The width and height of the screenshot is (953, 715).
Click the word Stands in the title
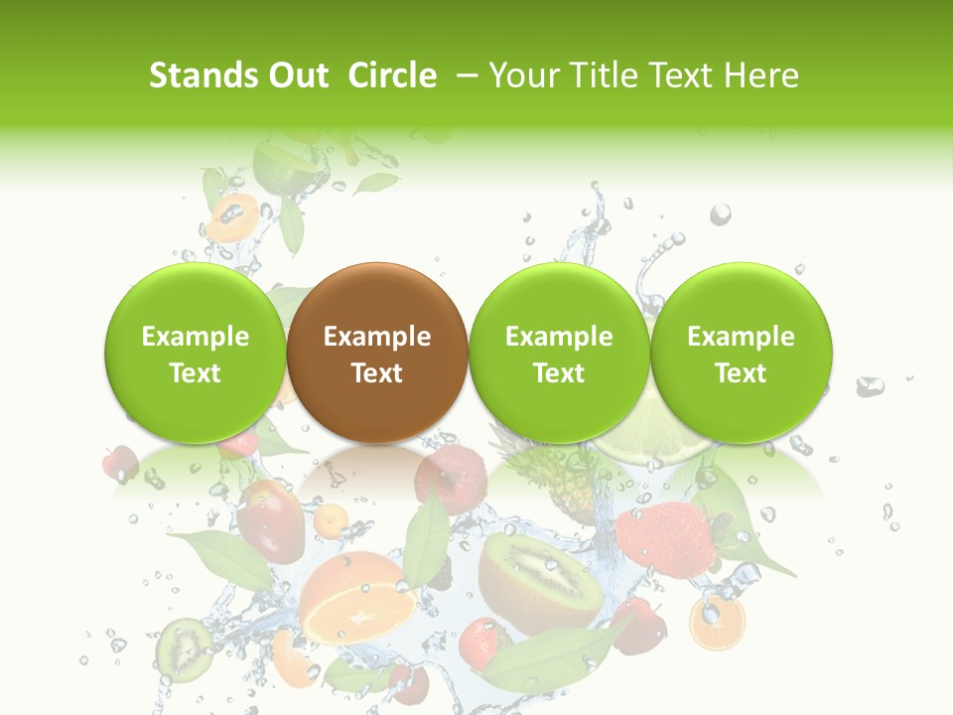(x=203, y=75)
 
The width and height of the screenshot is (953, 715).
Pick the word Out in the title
(x=296, y=75)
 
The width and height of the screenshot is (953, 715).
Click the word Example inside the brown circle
(x=377, y=337)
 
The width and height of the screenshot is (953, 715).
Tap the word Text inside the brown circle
(x=377, y=373)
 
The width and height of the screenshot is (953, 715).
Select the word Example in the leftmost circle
(x=196, y=337)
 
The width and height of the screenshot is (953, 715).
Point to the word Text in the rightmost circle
(x=742, y=373)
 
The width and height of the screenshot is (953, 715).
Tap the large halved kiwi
(x=541, y=576)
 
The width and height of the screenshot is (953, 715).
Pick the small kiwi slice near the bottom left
(x=185, y=645)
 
